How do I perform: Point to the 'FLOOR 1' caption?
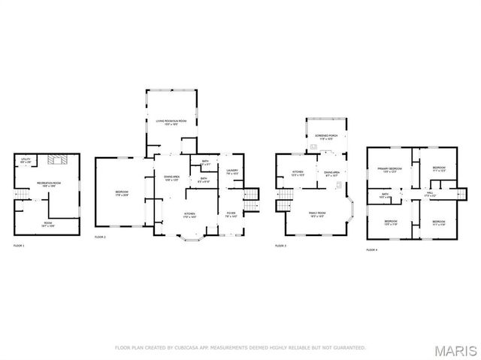click(x=19, y=246)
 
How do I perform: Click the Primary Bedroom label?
click(x=389, y=170)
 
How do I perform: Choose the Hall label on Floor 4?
click(x=430, y=193)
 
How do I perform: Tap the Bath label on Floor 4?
click(x=384, y=195)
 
